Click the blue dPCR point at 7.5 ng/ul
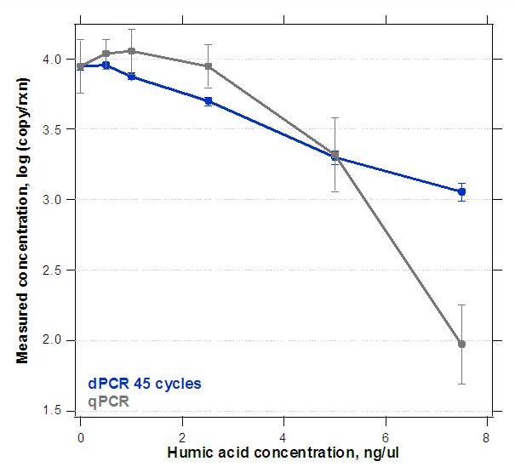click(461, 192)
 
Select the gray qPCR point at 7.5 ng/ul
click(461, 344)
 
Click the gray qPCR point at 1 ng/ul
click(131, 51)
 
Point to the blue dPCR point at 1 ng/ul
click(131, 77)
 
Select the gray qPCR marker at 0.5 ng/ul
click(106, 54)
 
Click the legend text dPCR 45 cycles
click(145, 383)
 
